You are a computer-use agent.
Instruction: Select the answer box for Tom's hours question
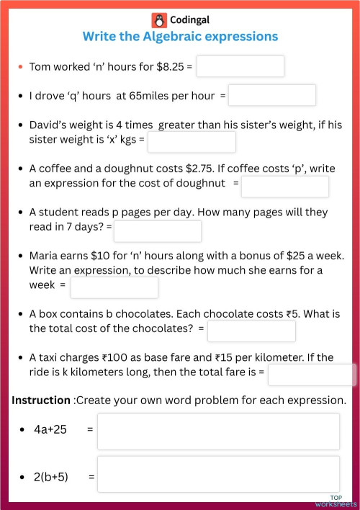[240, 66]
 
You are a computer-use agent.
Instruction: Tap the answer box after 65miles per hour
[272, 95]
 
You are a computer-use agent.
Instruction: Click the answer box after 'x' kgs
[192, 142]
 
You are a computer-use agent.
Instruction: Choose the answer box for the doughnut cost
[285, 187]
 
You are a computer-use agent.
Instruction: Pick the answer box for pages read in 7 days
[158, 231]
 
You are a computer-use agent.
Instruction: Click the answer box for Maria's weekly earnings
[114, 287]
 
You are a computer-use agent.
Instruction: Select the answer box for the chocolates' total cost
[251, 331]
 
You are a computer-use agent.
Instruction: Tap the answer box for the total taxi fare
[312, 375]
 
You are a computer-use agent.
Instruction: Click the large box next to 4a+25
[218, 431]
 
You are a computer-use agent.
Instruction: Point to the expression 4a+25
[50, 429]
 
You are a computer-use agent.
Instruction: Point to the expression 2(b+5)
[51, 476]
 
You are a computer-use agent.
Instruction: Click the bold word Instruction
[41, 400]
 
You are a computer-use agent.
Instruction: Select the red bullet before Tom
[21, 67]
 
